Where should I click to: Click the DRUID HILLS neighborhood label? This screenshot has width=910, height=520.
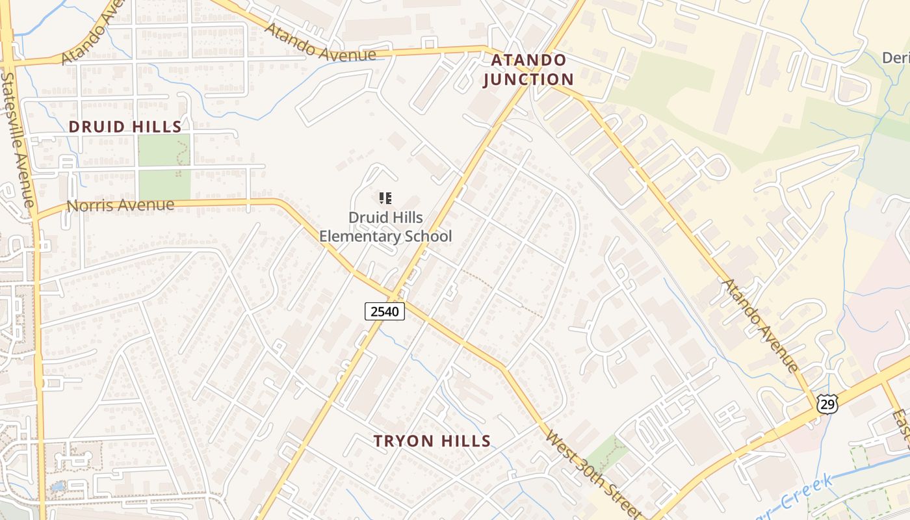[125, 126]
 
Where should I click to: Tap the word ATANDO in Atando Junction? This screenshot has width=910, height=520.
[528, 60]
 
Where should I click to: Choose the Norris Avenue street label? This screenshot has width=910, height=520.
[121, 205]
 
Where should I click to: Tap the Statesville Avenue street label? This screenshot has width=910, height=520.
[18, 139]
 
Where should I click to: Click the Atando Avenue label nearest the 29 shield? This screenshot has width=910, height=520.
[760, 325]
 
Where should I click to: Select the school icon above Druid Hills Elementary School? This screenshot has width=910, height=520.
[385, 198]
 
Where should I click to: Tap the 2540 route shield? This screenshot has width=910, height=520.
[384, 311]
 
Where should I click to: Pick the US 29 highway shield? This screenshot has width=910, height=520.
[827, 404]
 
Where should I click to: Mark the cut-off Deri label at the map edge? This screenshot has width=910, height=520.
[896, 58]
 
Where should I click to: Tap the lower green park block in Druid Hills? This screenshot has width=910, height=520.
[164, 185]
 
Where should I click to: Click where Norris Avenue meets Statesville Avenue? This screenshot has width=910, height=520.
[36, 215]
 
